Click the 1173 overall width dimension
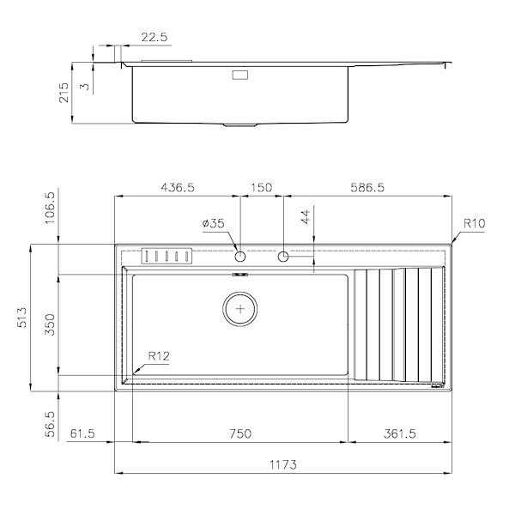click(x=283, y=464)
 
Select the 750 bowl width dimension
click(x=240, y=433)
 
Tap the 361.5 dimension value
click(x=400, y=433)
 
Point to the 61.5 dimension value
click(x=82, y=433)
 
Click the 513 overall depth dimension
click(x=21, y=318)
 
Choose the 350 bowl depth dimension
click(x=50, y=324)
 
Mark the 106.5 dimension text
click(x=50, y=209)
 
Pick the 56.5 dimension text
click(x=50, y=424)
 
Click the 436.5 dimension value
click(x=178, y=187)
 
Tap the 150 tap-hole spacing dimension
click(x=262, y=187)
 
